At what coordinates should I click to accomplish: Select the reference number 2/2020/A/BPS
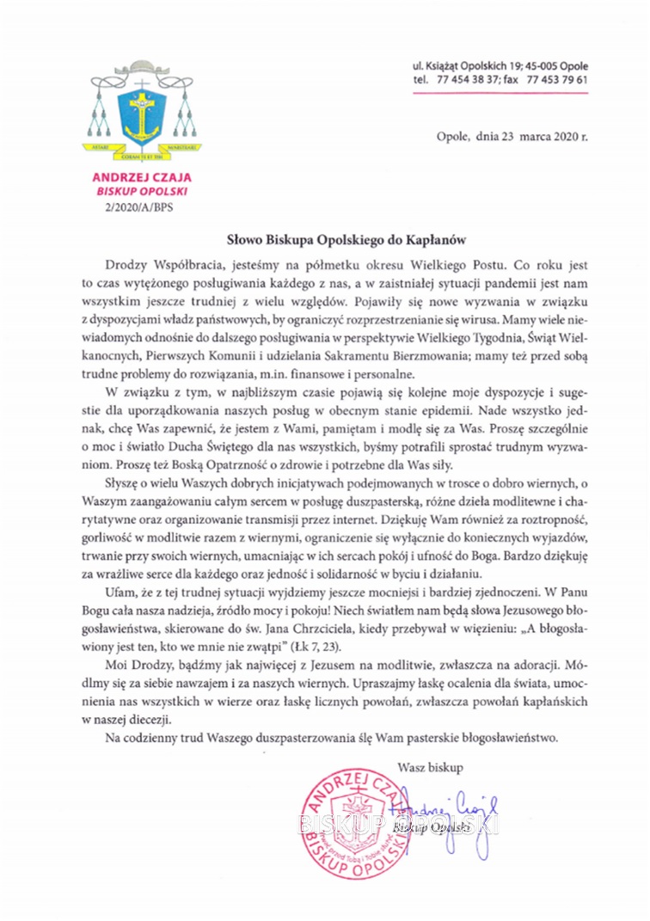point(138,206)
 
